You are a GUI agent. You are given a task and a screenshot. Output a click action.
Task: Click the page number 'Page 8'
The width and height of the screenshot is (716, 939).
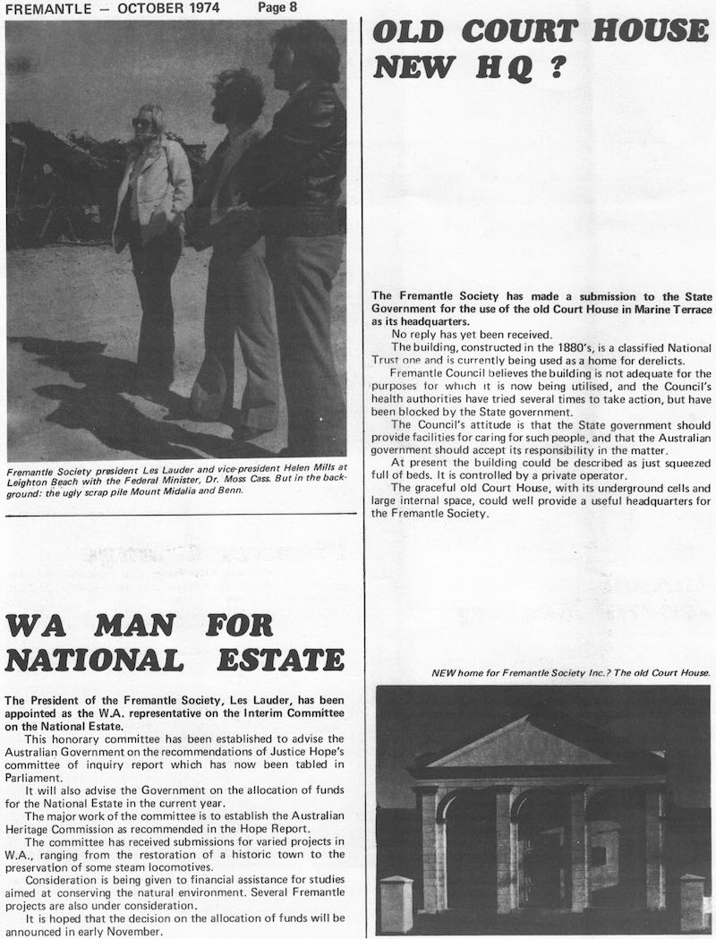pyautogui.click(x=278, y=8)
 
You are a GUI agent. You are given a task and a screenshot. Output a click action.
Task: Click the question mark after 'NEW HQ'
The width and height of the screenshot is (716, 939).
pyautogui.click(x=556, y=68)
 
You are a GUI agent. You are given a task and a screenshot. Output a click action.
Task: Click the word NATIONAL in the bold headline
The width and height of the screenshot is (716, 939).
pyautogui.click(x=94, y=660)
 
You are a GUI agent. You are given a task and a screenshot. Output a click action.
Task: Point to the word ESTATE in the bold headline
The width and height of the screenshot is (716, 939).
pyautogui.click(x=281, y=660)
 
